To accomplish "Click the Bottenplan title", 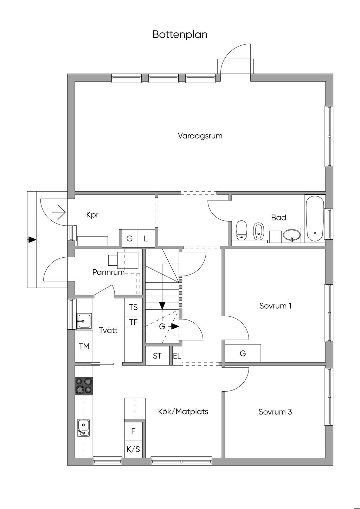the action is [x=180, y=34].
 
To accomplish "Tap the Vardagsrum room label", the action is [x=200, y=136].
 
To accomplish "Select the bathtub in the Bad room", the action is [x=315, y=219].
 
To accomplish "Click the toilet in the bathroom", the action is [x=242, y=230].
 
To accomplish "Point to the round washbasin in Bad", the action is [x=292, y=236].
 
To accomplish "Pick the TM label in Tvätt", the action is [x=84, y=347].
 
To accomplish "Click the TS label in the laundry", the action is [x=133, y=307].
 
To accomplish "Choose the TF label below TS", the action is [x=133, y=322].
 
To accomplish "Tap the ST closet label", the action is [x=157, y=356].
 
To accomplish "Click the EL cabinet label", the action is [x=177, y=356].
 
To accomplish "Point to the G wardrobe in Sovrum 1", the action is [x=243, y=353].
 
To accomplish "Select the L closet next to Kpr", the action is [x=146, y=238].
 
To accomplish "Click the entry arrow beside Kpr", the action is [x=59, y=212].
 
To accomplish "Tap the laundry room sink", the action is [x=84, y=321].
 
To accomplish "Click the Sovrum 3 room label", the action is [x=275, y=412].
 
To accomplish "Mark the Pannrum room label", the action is [x=108, y=272].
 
